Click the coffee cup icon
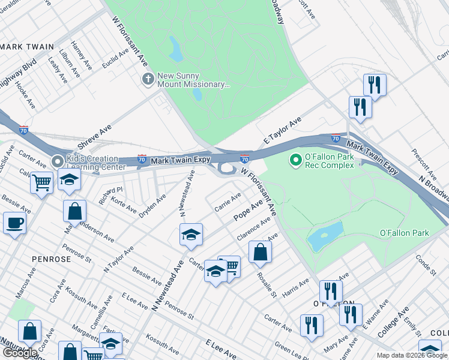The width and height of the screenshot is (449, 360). point(14,223)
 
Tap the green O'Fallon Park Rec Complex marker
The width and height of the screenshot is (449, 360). point(295,160)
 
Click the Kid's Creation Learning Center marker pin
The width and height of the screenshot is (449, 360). point(58,161)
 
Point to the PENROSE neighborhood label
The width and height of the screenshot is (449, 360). point(51,259)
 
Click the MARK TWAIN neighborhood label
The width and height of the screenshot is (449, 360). point(27,46)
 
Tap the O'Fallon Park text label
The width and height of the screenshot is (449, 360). point(405,233)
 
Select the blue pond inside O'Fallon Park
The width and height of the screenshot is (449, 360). point(325,236)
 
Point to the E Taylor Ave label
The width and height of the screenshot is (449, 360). point(282,131)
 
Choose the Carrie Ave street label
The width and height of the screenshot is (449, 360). point(228,203)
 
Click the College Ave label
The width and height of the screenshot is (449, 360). point(394,320)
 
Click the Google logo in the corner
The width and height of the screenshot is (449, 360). point(20,353)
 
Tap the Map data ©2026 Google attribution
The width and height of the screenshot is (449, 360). point(412,355)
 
